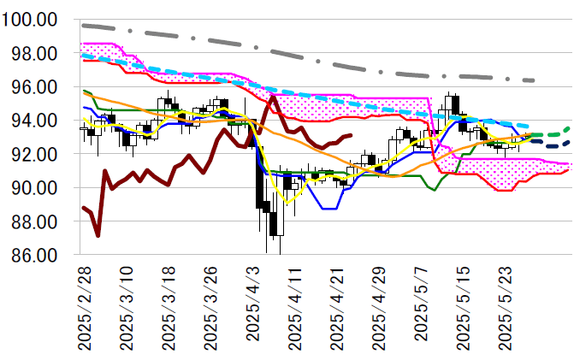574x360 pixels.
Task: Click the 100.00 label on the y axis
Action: (31, 20)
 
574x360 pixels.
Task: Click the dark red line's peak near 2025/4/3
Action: (273, 97)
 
